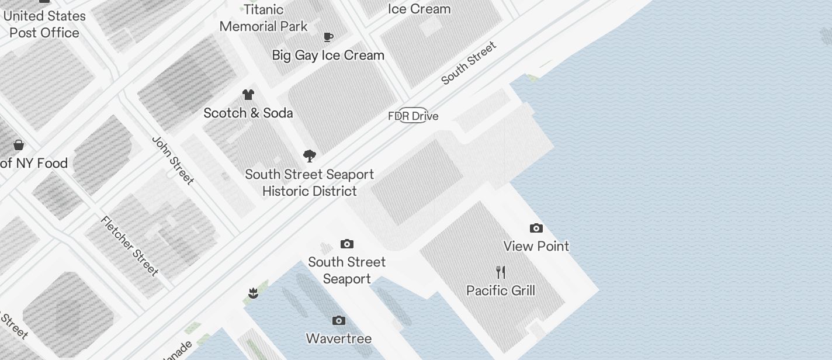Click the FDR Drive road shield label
point(413,116)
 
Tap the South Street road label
point(469,63)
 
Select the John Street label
point(172,161)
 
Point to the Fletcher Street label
point(130,245)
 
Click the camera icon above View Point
point(536,228)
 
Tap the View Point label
point(536,246)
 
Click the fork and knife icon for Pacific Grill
point(501,272)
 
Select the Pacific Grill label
point(501,290)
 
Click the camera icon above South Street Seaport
point(347,244)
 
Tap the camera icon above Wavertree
point(339,320)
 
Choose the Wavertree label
point(339,338)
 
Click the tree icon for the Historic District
point(310,156)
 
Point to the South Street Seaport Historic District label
point(310,183)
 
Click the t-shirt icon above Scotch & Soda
point(248,95)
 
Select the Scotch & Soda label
point(248,113)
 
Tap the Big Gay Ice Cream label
point(328,56)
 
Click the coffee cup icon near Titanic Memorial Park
point(328,37)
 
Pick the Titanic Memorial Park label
point(264,18)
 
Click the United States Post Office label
point(44,25)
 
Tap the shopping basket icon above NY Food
point(19,145)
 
